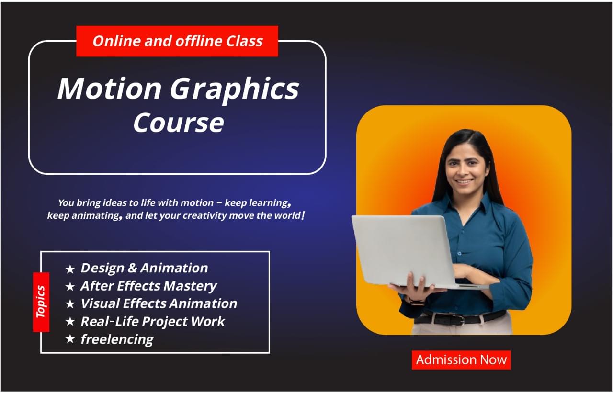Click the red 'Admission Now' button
click(x=461, y=360)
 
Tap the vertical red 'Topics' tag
click(x=41, y=302)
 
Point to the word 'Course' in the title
click(x=178, y=123)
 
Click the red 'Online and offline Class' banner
click(x=177, y=41)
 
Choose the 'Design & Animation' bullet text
click(x=144, y=268)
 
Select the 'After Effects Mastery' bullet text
click(x=148, y=286)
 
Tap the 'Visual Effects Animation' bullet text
click(x=159, y=303)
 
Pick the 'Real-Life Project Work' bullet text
click(x=153, y=321)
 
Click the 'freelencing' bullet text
click(x=117, y=339)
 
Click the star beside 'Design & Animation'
click(x=70, y=269)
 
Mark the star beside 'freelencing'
click(x=70, y=339)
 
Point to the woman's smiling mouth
click(x=463, y=182)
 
